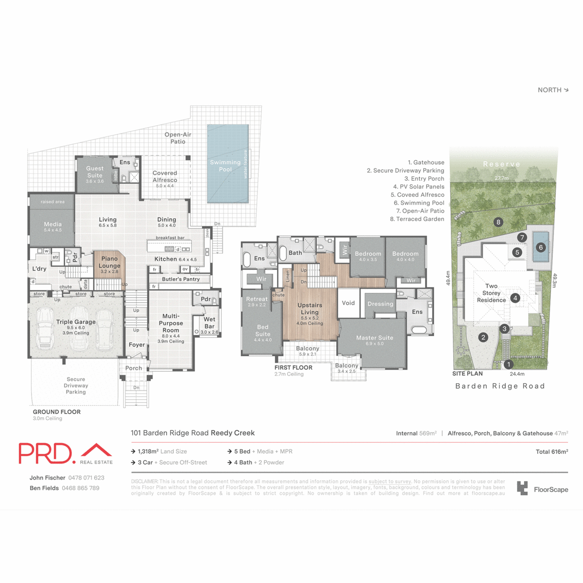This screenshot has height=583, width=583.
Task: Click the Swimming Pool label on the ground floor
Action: point(225,166)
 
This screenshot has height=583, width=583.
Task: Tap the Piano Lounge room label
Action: point(110,262)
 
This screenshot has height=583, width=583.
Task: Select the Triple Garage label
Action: point(76,322)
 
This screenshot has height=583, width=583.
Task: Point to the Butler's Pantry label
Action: point(181,279)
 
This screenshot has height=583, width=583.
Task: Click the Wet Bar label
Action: point(209,323)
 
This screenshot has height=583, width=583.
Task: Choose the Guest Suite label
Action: point(95,172)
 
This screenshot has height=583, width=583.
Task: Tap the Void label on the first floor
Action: point(348,303)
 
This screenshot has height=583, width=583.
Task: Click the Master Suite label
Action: point(375,338)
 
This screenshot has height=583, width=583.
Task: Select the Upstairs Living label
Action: point(310,309)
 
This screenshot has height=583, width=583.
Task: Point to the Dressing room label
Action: point(380,304)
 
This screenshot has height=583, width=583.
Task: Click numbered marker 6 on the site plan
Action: point(541,247)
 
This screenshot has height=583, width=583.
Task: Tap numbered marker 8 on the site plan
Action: point(498,223)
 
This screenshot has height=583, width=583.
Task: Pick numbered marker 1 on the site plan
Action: point(509,364)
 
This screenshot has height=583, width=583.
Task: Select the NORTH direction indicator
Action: point(553,90)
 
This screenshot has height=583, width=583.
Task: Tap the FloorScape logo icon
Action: point(522,488)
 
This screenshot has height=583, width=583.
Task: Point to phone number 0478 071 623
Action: point(86,478)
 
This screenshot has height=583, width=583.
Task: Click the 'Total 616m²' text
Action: point(551,452)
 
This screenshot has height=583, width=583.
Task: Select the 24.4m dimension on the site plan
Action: point(517,374)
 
